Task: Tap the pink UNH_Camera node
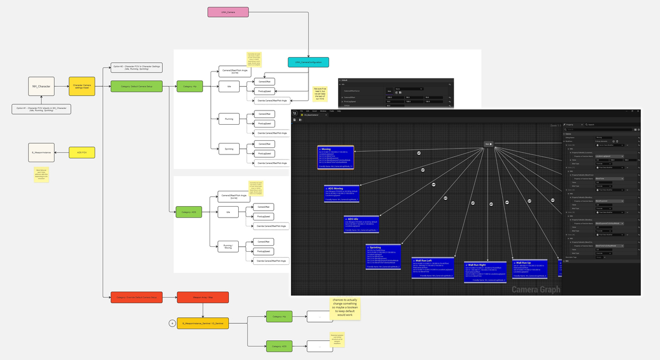tap(227, 12)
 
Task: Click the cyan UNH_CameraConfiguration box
tap(308, 63)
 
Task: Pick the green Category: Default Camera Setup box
tap(136, 86)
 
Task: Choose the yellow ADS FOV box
tap(81, 152)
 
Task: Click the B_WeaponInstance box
tap(41, 152)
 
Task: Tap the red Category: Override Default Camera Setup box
tap(136, 297)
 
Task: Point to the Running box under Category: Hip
tap(229, 118)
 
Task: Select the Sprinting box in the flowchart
tap(229, 148)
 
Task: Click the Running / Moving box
tap(229, 246)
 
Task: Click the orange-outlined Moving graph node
tap(335, 158)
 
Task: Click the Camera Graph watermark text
tap(536, 290)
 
